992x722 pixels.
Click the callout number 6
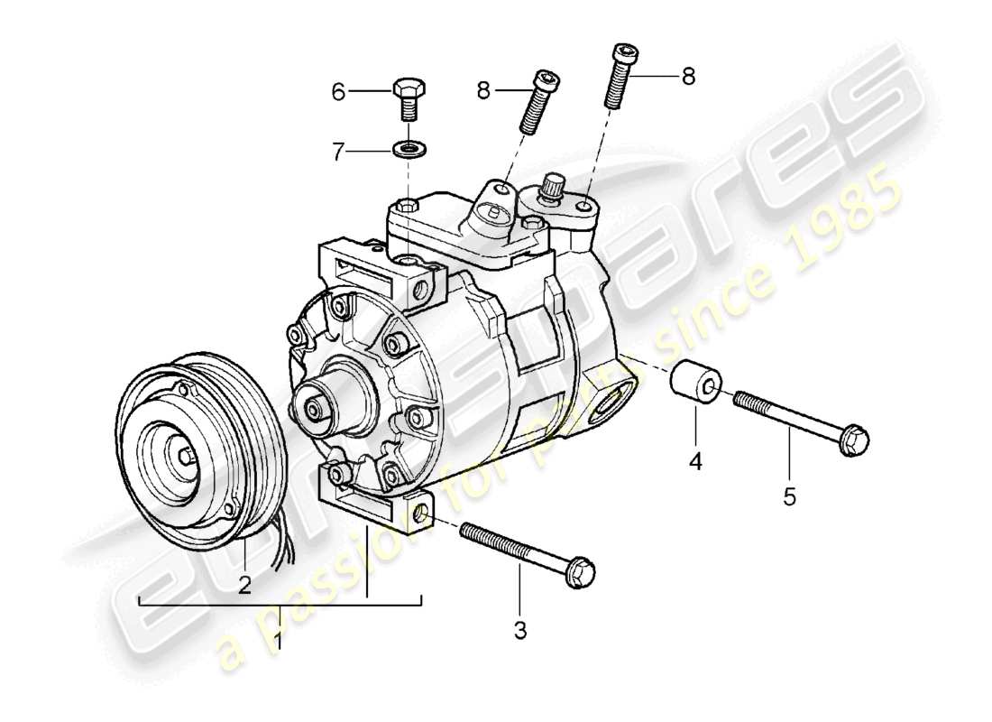[338, 92]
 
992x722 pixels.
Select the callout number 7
[338, 152]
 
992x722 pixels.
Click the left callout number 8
[483, 89]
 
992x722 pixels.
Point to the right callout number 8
[688, 78]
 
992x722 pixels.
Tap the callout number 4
[696, 463]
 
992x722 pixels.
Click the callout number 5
[790, 497]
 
